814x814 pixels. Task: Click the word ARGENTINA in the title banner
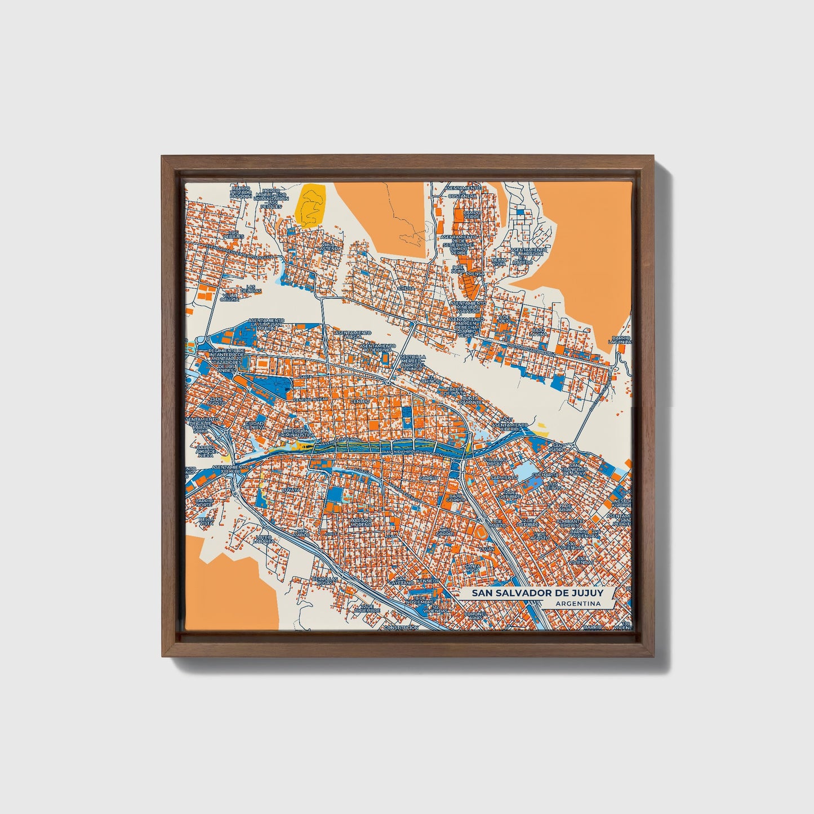click(576, 603)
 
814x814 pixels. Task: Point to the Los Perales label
click(233, 234)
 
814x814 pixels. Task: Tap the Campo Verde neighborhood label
click(468, 215)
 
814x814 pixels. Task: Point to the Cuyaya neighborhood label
click(291, 490)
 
